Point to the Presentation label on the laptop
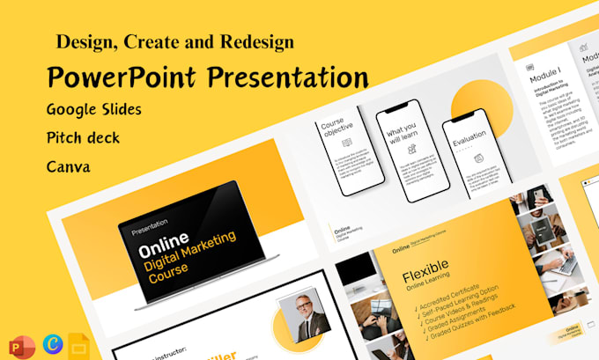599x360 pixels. (x=150, y=223)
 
